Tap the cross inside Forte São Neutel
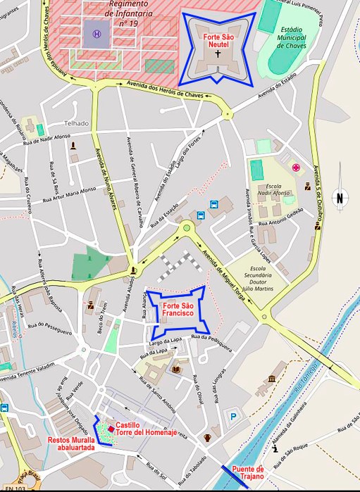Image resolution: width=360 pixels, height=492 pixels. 218,53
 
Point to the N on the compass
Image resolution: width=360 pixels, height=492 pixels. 340,198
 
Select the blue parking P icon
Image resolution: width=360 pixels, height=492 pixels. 232,417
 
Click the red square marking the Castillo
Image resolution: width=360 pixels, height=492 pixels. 111,429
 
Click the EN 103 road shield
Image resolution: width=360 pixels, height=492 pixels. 15,488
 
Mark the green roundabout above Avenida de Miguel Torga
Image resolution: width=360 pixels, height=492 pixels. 187,227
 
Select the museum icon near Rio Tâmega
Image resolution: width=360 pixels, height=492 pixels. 271,381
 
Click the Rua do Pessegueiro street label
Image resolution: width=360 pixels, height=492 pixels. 49,327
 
